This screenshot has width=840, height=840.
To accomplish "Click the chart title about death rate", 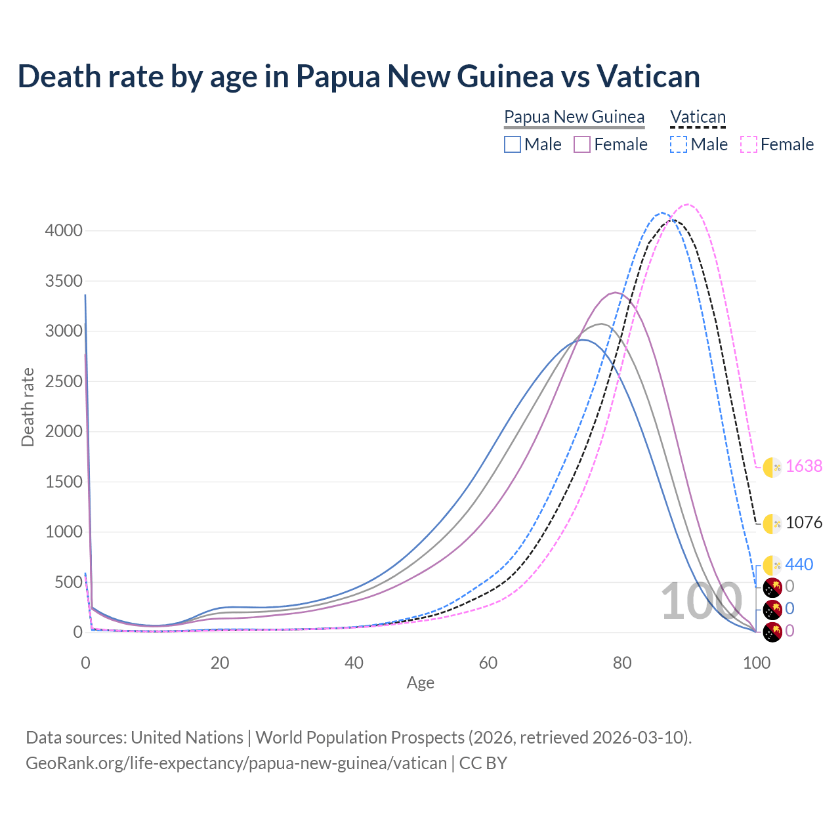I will pyautogui.click(x=359, y=77).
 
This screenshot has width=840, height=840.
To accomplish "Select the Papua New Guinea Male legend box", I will pyautogui.click(x=513, y=144).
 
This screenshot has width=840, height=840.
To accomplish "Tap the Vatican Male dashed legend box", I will pyautogui.click(x=679, y=144).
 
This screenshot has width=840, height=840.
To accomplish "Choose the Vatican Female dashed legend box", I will pyautogui.click(x=749, y=144).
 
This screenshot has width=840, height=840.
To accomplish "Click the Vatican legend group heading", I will pyautogui.click(x=698, y=117).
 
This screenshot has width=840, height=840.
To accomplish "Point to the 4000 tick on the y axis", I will pyautogui.click(x=64, y=230).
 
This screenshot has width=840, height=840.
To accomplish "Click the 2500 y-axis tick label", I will pyautogui.click(x=64, y=381).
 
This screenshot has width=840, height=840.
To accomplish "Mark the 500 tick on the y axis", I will pyautogui.click(x=68, y=582).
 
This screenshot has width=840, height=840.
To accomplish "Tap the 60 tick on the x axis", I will pyautogui.click(x=488, y=663).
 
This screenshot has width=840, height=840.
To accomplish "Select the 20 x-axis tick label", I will pyautogui.click(x=220, y=663).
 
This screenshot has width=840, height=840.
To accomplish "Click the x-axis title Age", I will pyautogui.click(x=420, y=683).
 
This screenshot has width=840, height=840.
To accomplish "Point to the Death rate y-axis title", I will pyautogui.click(x=28, y=408).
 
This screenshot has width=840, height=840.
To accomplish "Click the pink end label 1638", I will pyautogui.click(x=804, y=466).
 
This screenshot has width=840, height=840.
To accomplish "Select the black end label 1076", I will pyautogui.click(x=804, y=522).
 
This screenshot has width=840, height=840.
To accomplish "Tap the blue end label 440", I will pyautogui.click(x=799, y=564).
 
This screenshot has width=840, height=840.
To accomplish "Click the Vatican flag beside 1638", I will pyautogui.click(x=772, y=467).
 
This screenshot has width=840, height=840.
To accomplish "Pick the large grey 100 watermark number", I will pyautogui.click(x=701, y=602).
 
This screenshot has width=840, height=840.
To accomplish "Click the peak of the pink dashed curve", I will pyautogui.click(x=688, y=205).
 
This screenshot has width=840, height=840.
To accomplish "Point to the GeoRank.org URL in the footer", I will pyautogui.click(x=236, y=763).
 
